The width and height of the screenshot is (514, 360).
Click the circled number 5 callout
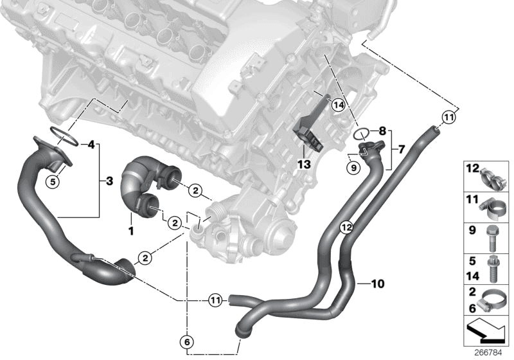coord(55,163)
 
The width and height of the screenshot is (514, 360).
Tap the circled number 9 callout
coord(351,168)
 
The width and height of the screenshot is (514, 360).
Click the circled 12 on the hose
coord(346,226)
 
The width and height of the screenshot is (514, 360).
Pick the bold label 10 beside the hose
coord(377,282)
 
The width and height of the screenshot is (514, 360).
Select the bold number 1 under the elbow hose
coord(131,229)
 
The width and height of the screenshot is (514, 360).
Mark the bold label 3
coord(109,182)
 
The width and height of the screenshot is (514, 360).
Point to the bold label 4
coord(91,143)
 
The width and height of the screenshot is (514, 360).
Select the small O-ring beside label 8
coord(361,134)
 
